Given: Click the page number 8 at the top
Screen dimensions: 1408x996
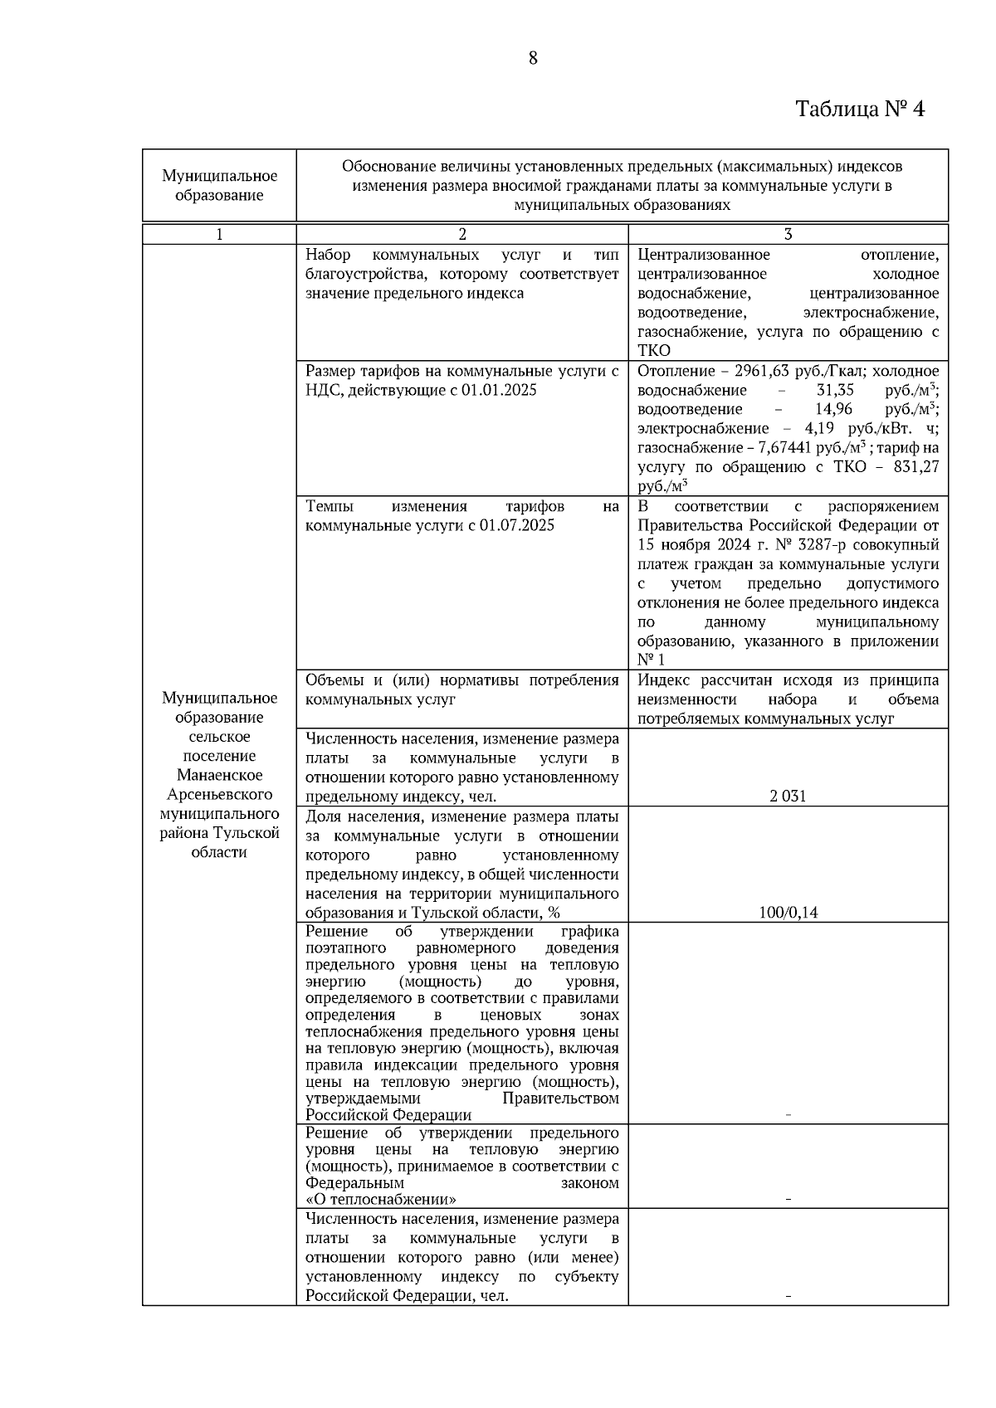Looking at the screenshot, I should tap(532, 58).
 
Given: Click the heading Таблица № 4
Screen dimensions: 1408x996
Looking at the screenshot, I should tap(859, 109).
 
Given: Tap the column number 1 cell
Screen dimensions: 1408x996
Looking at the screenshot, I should tap(219, 235).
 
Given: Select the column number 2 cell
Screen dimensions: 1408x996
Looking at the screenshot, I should tap(462, 235).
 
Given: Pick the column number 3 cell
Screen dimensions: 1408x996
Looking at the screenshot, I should tap(788, 235).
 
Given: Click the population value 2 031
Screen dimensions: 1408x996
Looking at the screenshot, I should tap(788, 797).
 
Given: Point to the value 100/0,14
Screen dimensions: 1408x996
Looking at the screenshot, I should tap(788, 913).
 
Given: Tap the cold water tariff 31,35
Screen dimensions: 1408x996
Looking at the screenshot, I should tap(835, 390).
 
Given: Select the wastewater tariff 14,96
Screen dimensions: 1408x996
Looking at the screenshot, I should tap(835, 409).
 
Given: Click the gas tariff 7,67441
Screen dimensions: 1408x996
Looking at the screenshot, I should tap(786, 448).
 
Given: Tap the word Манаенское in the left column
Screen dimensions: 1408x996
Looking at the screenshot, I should tap(219, 775).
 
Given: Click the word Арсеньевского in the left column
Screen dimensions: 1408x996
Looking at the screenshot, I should tap(219, 794).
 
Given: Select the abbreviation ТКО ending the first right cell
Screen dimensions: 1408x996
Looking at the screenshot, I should tap(654, 351).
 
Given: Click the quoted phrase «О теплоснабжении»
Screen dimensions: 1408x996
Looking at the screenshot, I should tap(381, 1200).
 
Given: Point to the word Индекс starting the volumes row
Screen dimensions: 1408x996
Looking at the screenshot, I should tap(664, 680).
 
